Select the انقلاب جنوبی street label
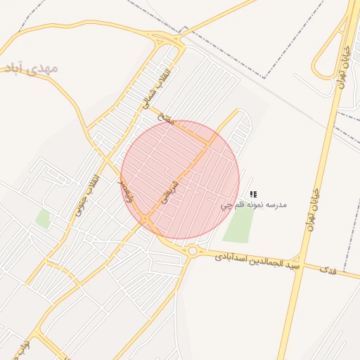coord(85,195)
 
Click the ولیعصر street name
coord(126,190)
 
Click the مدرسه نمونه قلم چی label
coord(253,205)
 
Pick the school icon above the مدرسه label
coord(254,193)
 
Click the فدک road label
coord(327,269)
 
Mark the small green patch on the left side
coord(44,219)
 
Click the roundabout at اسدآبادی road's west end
coord(192,251)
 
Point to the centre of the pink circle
coord(180,180)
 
